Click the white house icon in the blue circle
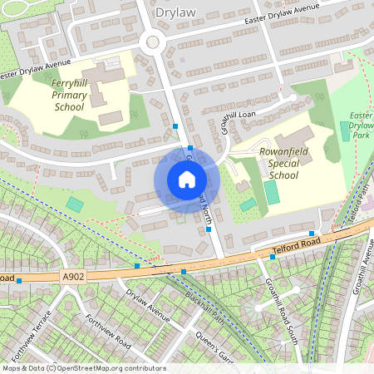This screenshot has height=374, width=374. pos(187,180)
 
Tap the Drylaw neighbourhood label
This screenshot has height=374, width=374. pos(176,12)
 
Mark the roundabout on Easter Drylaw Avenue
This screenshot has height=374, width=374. pos(152,42)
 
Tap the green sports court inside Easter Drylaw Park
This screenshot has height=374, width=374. pos(345,131)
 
